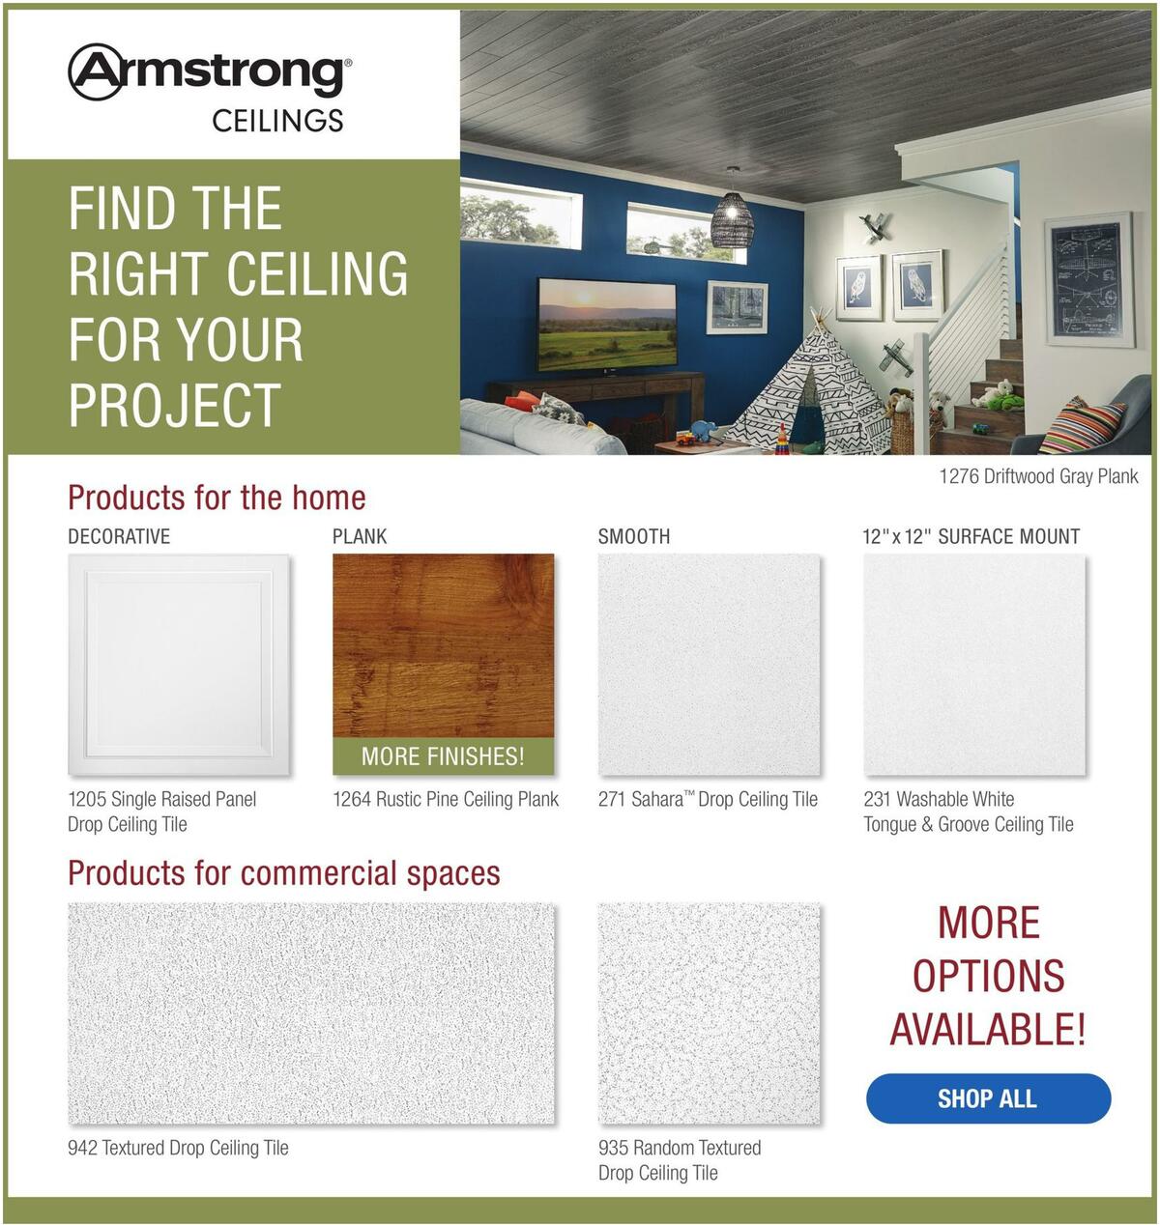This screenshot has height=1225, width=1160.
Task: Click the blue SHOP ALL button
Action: tap(988, 1097)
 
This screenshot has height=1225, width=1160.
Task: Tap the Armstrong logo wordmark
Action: tap(210, 71)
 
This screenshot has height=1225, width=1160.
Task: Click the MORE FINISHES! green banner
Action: tap(443, 756)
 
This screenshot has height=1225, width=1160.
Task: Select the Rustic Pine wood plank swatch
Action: tap(443, 645)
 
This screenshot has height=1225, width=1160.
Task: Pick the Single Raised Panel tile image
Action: tap(179, 665)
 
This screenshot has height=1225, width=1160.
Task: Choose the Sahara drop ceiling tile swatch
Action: tap(710, 665)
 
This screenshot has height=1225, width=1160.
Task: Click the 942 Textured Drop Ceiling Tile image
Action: tap(311, 1013)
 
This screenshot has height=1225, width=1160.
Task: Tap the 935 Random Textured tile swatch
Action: tap(710, 1013)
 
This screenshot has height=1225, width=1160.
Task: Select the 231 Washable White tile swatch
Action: tap(974, 665)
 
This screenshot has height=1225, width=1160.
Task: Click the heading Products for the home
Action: tap(217, 498)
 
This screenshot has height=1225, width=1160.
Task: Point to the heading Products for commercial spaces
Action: tap(284, 872)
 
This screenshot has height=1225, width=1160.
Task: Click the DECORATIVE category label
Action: tap(119, 536)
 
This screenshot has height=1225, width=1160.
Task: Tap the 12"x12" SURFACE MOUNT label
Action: tap(971, 536)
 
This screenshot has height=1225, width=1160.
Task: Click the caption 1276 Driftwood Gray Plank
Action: tap(1039, 476)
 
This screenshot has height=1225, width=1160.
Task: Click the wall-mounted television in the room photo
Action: tap(607, 326)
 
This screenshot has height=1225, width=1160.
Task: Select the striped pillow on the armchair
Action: tap(1082, 426)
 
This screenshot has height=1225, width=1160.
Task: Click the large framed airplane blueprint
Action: tap(1089, 280)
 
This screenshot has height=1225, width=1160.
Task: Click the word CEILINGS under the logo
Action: tap(277, 120)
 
